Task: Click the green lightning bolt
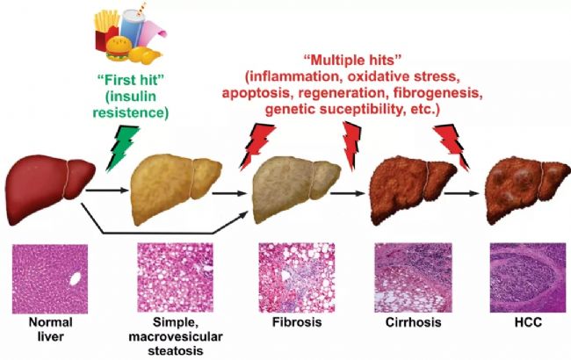122,148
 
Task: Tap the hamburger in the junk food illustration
119,49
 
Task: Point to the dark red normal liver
49,190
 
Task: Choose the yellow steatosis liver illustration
176,190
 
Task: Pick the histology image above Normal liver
50,279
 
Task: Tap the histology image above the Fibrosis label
296,278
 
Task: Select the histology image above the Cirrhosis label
413,278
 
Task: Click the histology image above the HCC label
528,278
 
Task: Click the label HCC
528,321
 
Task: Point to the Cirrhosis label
414,322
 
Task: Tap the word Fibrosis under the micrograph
297,322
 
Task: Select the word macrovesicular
176,336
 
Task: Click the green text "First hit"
131,80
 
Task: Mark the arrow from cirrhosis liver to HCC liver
461,193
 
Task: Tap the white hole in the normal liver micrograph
75,279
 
